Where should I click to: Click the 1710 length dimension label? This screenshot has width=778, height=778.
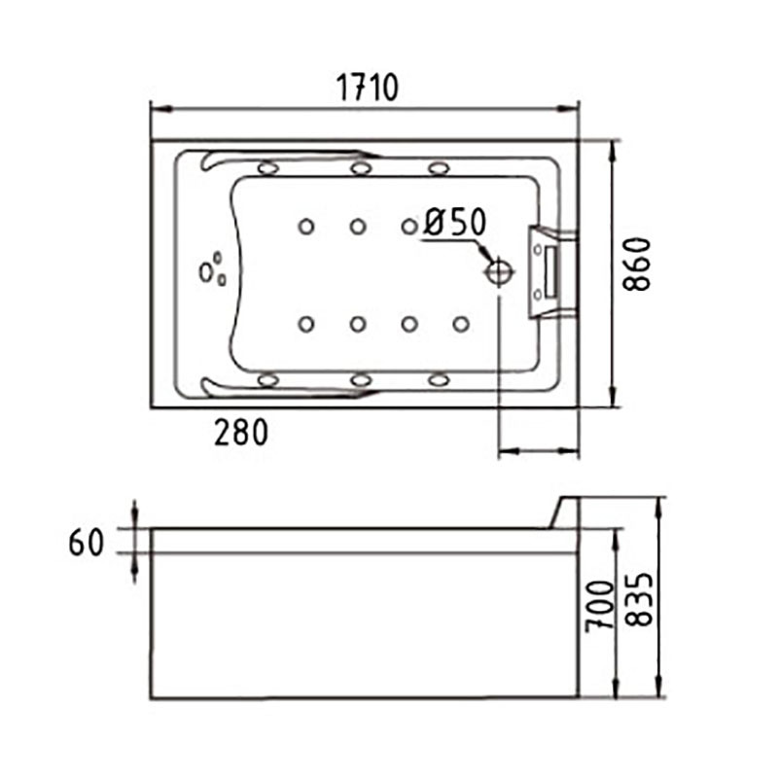(368, 88)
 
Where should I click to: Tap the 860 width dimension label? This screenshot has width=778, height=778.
(637, 264)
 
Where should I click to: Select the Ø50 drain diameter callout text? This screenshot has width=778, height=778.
(455, 222)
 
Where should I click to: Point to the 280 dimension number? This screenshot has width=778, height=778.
(241, 432)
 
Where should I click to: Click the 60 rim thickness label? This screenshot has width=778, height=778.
(87, 542)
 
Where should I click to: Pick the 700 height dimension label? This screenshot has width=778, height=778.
(600, 606)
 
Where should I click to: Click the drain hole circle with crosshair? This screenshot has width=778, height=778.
(499, 271)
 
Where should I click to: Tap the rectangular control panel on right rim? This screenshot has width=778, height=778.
(550, 272)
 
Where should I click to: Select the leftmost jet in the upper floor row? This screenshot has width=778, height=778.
(306, 227)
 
